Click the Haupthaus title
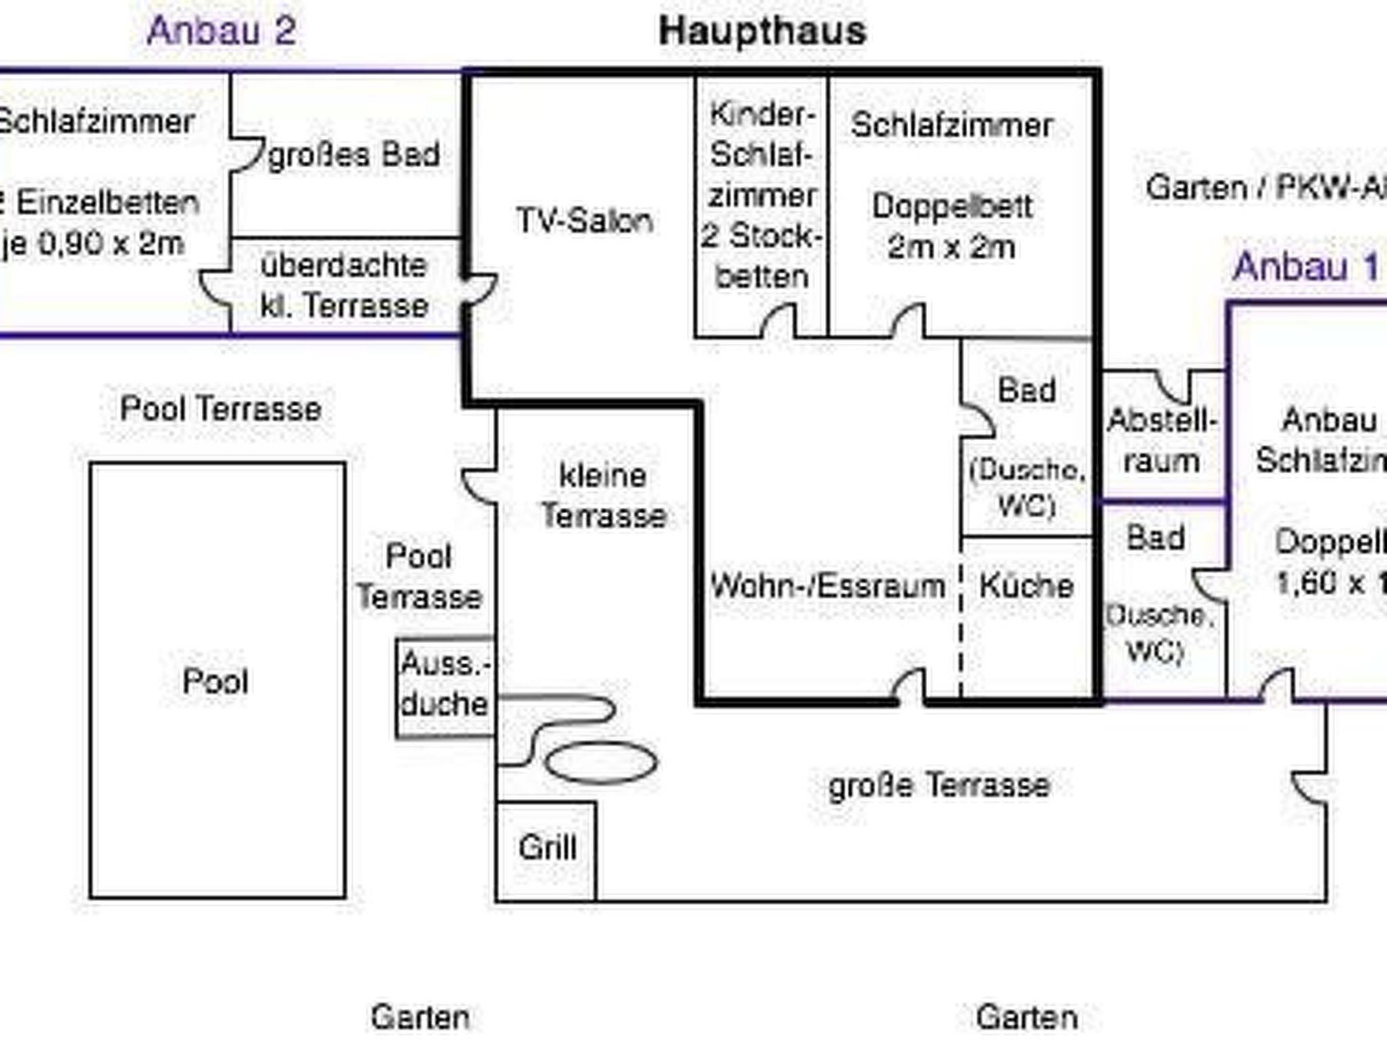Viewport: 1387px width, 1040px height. click(763, 32)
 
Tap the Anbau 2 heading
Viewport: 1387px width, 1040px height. click(221, 31)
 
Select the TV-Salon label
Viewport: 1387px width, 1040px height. click(584, 221)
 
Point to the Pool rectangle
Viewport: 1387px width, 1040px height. click(217, 680)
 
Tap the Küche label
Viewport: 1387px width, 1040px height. click(1026, 586)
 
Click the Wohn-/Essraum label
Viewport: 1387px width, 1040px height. click(827, 586)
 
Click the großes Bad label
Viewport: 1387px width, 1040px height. click(354, 155)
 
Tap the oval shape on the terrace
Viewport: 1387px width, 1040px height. click(601, 762)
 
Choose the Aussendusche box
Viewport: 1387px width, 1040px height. click(444, 686)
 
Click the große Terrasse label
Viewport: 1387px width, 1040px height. click(939, 785)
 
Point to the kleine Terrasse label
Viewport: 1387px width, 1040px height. click(603, 496)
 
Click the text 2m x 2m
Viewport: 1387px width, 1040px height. click(951, 247)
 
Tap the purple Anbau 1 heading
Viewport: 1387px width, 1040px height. click(1305, 267)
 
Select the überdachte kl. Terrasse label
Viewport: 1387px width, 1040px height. click(344, 286)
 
